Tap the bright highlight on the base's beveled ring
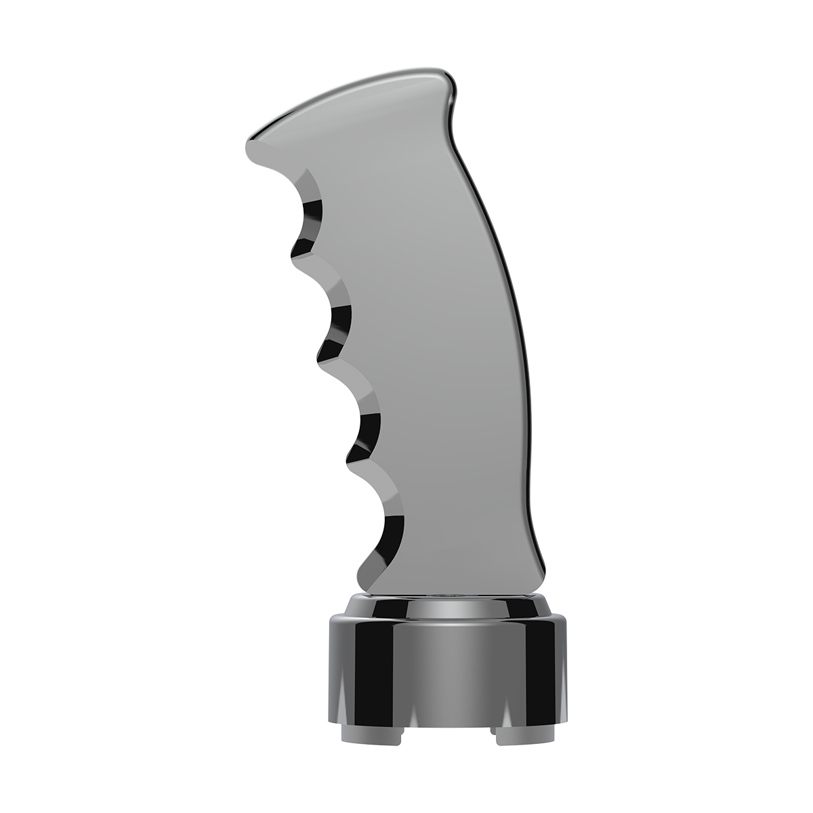tap(444, 608)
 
